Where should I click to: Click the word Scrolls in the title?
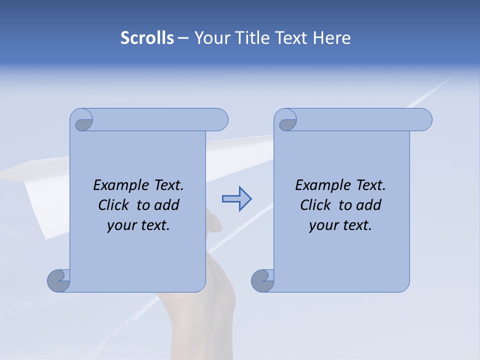[147, 38]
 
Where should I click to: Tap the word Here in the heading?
[331, 38]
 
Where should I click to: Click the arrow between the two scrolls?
[236, 199]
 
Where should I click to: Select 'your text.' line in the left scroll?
[138, 225]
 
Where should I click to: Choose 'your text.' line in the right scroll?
[340, 225]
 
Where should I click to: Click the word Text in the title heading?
[292, 38]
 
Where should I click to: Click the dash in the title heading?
[183, 38]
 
